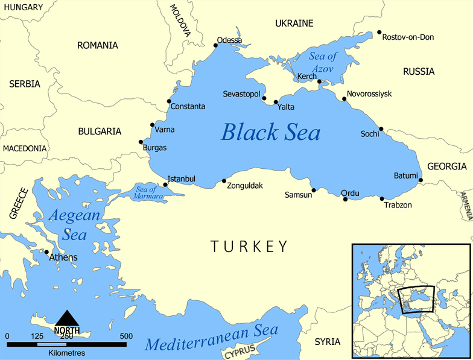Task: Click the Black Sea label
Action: (271, 132)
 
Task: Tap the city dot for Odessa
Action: (217, 45)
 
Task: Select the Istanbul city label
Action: (182, 179)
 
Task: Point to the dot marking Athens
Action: (46, 252)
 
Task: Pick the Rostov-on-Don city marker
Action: (379, 33)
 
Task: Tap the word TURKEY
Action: (249, 246)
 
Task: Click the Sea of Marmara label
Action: (145, 194)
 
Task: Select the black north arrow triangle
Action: (66, 318)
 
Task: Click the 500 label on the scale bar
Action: (126, 336)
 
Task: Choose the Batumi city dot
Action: (421, 180)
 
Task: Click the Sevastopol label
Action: (241, 95)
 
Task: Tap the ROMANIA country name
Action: (98, 45)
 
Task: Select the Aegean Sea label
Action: (71, 224)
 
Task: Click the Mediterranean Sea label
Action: (212, 339)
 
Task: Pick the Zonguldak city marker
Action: (224, 181)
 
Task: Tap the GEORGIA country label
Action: (446, 166)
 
